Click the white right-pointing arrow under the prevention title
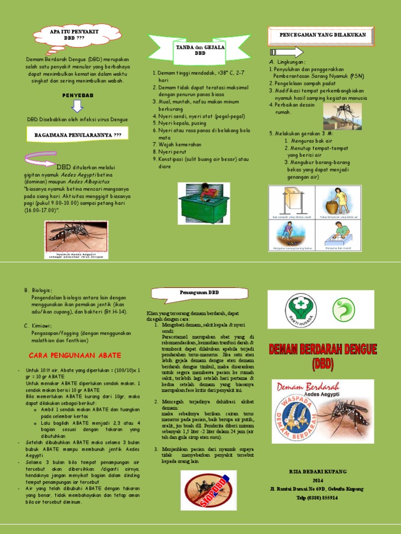pos(286,52)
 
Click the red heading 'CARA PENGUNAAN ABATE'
pos(75,355)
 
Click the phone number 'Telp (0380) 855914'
pos(318,497)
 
